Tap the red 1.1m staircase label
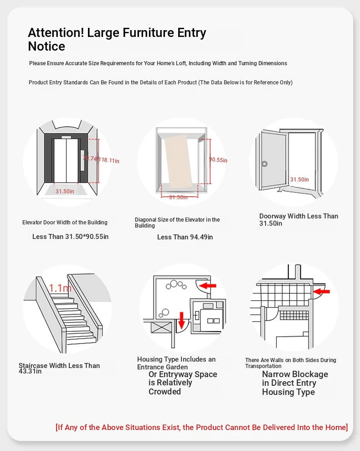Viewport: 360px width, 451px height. click(x=60, y=288)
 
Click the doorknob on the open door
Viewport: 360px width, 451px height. click(x=264, y=164)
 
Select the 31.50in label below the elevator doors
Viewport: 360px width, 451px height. click(x=65, y=192)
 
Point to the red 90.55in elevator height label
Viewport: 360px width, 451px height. click(x=218, y=160)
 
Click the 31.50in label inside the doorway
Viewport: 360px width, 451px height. click(x=299, y=180)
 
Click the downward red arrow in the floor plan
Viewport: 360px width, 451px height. click(x=182, y=320)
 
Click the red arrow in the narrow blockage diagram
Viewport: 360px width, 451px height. click(x=322, y=290)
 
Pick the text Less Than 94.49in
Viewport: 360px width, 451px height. click(x=185, y=237)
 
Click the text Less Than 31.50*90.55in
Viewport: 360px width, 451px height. click(x=70, y=237)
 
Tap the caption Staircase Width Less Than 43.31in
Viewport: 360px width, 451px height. click(x=59, y=368)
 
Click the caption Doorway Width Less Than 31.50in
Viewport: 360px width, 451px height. click(x=298, y=219)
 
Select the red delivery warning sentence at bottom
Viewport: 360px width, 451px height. click(x=201, y=427)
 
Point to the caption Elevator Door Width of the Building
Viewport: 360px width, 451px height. click(x=65, y=223)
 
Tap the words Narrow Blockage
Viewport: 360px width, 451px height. click(x=295, y=374)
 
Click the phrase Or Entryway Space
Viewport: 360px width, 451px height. click(x=183, y=374)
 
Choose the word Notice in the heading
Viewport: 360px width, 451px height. click(x=46, y=47)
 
